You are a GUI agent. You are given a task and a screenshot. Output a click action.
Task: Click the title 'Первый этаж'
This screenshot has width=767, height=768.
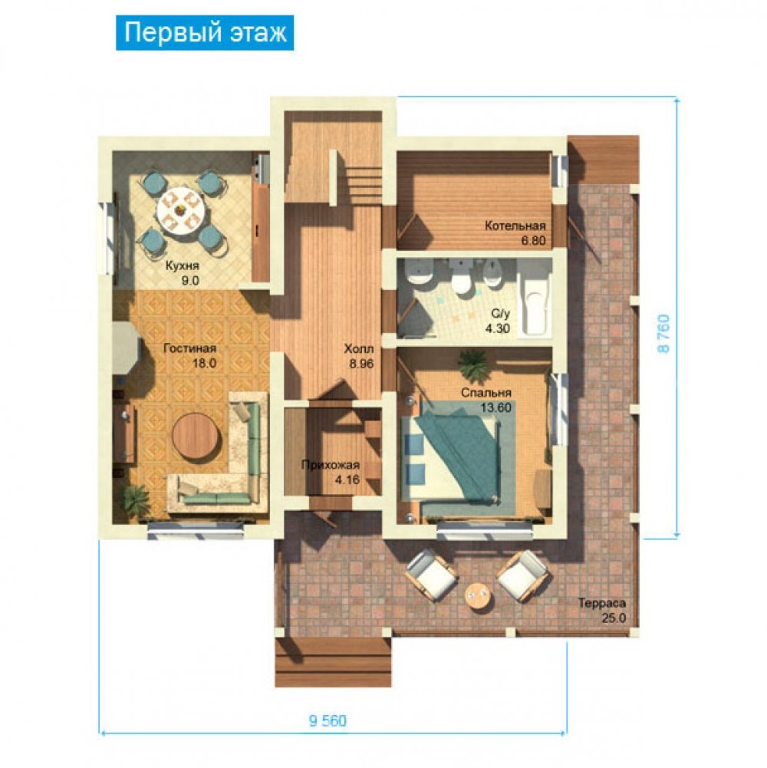[205, 33]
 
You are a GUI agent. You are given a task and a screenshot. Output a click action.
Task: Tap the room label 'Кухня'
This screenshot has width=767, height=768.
[183, 266]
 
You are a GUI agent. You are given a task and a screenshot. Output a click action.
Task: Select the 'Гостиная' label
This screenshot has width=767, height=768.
[189, 348]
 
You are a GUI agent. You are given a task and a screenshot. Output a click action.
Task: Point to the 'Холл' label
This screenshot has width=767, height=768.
[358, 349]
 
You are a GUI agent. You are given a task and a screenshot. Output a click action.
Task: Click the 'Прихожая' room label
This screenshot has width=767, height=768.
[330, 465]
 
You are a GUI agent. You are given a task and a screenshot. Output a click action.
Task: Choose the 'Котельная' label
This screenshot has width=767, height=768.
[515, 226]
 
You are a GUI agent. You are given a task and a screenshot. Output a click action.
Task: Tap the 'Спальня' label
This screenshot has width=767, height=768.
[486, 393]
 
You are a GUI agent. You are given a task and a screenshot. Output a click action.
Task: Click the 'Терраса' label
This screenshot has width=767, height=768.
[601, 603]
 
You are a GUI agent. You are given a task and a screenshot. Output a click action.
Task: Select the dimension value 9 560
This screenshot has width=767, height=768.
[328, 720]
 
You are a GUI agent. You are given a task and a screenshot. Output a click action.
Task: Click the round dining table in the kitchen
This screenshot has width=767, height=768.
[180, 212]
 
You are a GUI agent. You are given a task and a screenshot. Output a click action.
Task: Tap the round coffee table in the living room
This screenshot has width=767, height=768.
[197, 436]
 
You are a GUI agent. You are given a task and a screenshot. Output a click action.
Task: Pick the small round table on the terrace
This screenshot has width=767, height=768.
[476, 597]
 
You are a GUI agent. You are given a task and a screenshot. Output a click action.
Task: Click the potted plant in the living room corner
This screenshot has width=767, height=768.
[134, 499]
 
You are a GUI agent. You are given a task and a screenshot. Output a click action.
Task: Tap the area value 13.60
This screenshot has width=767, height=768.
[495, 407]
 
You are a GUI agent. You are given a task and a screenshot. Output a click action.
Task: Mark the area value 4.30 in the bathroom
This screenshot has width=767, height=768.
[498, 328]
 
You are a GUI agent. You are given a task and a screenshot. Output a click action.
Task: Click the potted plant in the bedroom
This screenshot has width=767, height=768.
[472, 366]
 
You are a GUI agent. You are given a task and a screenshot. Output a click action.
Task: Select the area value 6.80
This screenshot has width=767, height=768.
[533, 240]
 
